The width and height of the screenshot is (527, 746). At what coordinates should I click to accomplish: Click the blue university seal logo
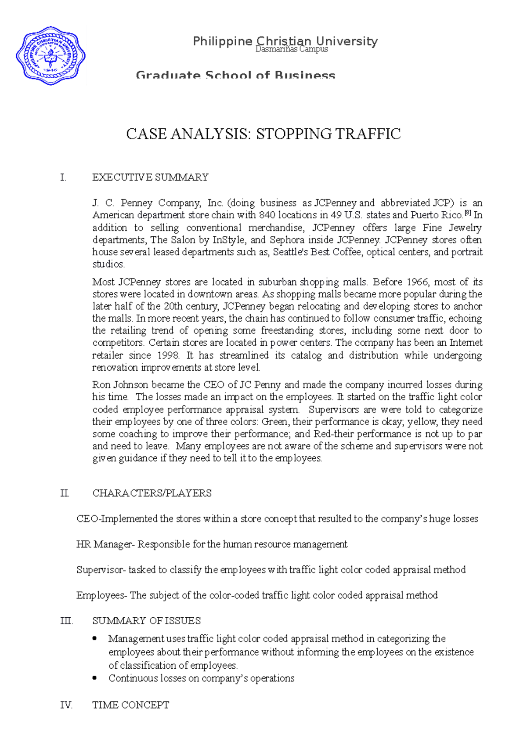51,56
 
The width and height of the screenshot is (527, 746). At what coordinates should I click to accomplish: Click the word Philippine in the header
222,41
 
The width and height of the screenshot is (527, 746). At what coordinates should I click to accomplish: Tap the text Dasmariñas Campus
292,49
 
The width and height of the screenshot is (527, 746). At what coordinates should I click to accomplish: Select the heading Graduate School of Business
235,75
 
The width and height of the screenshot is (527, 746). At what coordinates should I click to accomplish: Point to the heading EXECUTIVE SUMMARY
150,177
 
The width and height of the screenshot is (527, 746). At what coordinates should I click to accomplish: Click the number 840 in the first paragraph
267,215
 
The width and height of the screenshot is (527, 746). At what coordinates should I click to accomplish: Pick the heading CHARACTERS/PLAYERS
152,493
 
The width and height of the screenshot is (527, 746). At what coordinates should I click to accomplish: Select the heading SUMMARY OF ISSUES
146,621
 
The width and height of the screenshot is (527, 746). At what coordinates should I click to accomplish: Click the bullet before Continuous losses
94,678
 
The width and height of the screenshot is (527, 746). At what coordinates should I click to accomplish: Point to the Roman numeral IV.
66,705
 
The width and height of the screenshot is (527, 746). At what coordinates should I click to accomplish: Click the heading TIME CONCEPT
130,705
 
